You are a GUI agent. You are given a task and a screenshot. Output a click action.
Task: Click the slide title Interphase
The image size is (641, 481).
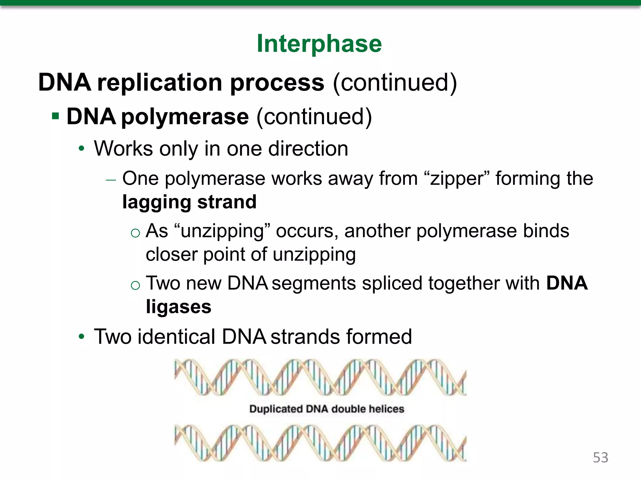click(319, 44)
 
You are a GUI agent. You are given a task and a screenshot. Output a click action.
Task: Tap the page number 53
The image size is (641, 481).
click(600, 458)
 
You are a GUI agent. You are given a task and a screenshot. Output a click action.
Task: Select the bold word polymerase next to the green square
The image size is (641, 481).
click(185, 117)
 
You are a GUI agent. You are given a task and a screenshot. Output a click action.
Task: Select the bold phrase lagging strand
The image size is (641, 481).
click(189, 202)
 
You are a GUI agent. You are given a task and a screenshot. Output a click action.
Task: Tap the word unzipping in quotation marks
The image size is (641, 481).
click(222, 231)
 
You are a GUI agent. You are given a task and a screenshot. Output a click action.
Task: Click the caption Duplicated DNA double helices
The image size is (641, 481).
click(326, 409)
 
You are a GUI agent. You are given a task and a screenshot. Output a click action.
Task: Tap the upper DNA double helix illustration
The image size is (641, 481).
click(320, 377)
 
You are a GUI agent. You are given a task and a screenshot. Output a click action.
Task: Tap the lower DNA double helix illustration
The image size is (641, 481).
click(320, 443)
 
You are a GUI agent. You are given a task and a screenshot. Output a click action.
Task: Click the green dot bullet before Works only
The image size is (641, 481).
click(82, 148)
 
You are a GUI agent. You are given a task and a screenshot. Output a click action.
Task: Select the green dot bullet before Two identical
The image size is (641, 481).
click(82, 337)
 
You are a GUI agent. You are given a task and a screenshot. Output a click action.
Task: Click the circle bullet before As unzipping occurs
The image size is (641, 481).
click(135, 233)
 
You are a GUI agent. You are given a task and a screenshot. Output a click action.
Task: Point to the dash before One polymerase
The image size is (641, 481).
click(111, 180)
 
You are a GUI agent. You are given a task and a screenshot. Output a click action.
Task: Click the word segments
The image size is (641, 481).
click(314, 283)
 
